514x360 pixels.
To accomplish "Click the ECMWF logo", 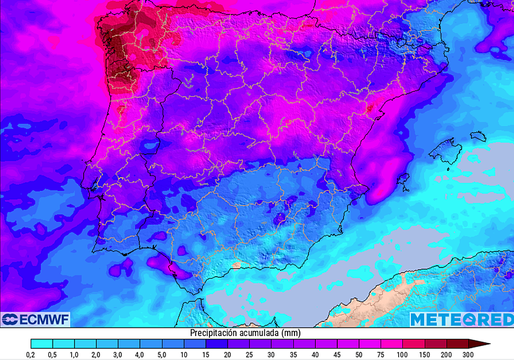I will pos(35,320).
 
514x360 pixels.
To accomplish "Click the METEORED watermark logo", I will pos(461,320).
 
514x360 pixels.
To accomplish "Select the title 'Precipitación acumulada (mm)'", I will pos(245,333).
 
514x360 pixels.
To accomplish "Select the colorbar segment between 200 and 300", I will pos(457,344).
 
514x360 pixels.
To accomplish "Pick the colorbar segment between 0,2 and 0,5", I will pos(42,344).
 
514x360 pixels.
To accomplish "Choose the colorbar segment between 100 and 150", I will pos(414,344).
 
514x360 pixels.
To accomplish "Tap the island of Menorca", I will pos(478,136).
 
